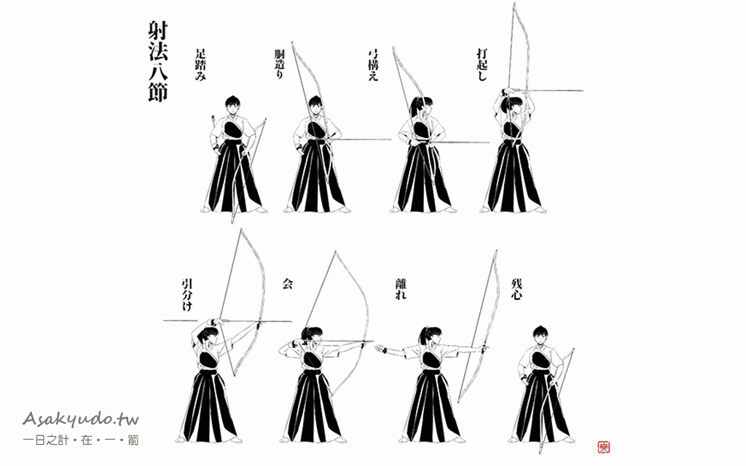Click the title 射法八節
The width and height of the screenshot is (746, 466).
[x=157, y=62]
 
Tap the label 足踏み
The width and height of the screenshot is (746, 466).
[x=200, y=65]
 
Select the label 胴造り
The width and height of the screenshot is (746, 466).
[x=279, y=64]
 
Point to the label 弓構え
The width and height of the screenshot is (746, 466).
[x=373, y=64]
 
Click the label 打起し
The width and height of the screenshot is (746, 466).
[x=482, y=64]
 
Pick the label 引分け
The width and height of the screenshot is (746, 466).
[x=187, y=295]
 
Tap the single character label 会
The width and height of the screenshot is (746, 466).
[x=287, y=284]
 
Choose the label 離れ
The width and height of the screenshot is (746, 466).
[x=401, y=289]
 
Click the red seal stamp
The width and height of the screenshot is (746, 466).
[x=603, y=447]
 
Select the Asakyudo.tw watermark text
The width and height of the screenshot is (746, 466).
[x=80, y=419]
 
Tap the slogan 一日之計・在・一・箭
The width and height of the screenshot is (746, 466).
[x=81, y=440]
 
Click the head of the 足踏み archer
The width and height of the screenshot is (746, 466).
[x=232, y=105]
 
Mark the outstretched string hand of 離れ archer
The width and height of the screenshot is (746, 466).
[x=380, y=349]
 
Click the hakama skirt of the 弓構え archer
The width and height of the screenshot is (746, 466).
[x=423, y=178]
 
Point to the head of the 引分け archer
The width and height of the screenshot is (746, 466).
[x=208, y=333]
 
